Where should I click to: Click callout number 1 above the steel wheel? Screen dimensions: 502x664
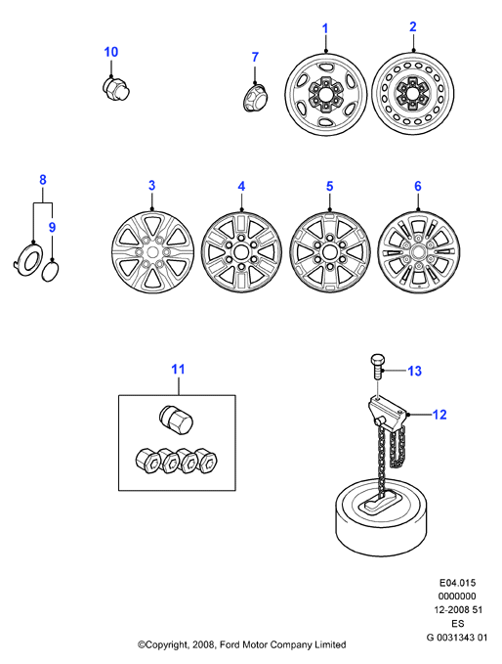click(325, 28)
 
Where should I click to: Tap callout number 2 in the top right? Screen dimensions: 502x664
click(413, 26)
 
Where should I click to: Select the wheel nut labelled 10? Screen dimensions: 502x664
click(116, 88)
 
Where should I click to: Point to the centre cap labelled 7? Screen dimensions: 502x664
click(256, 98)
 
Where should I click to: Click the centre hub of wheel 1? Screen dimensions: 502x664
click(325, 94)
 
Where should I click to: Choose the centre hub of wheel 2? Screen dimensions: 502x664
click(411, 94)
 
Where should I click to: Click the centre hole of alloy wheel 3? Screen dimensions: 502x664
click(152, 252)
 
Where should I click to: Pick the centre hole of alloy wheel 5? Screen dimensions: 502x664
click(328, 252)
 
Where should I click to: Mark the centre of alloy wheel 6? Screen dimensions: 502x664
click(418, 252)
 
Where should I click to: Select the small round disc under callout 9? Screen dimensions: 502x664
click(50, 272)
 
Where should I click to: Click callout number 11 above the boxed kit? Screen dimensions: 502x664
click(178, 370)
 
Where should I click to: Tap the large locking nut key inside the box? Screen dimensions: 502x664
click(176, 421)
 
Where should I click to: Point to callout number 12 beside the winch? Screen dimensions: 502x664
click(439, 415)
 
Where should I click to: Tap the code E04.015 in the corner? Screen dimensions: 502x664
click(457, 583)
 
